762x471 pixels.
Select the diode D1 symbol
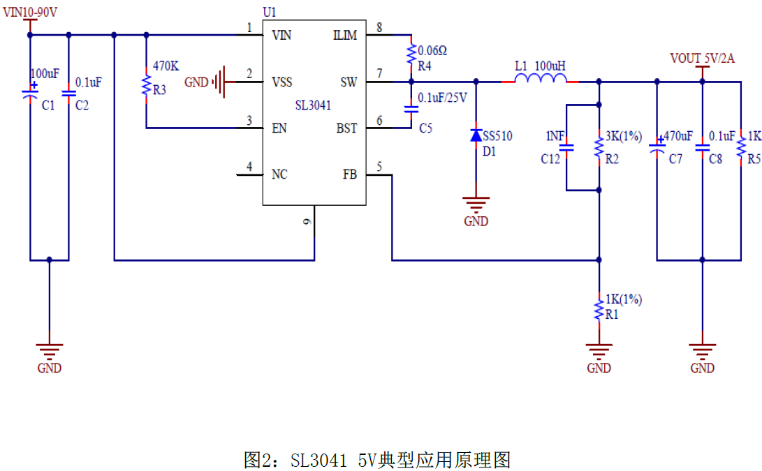(x=476, y=135)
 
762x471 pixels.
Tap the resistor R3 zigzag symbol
(x=146, y=87)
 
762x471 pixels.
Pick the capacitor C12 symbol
(x=567, y=147)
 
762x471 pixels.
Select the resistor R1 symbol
(x=599, y=311)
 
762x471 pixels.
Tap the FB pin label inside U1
(x=349, y=174)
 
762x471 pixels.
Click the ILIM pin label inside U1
(x=345, y=36)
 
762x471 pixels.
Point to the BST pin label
(x=346, y=128)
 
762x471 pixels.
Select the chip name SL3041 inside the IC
(x=313, y=105)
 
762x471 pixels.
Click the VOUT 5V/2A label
(x=702, y=58)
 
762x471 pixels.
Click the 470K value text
(x=166, y=66)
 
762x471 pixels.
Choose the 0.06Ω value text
(x=432, y=51)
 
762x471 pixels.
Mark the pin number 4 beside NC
(x=249, y=167)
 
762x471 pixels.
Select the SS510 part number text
(x=497, y=136)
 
